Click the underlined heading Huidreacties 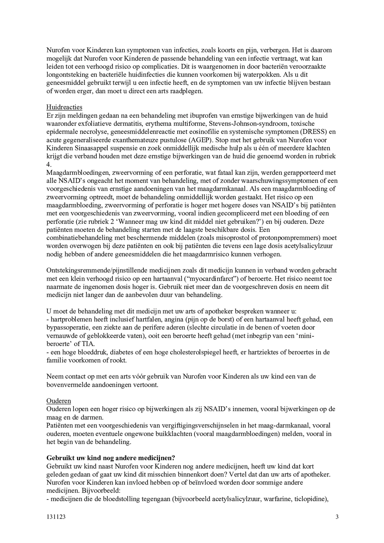pos(64,107)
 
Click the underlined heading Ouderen pos(59,401)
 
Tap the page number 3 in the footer pos(337,517)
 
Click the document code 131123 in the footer pos(56,517)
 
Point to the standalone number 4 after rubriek pos(48,165)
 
